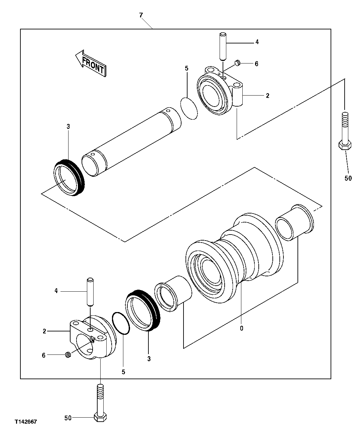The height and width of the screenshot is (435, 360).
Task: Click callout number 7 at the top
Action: [x=141, y=15]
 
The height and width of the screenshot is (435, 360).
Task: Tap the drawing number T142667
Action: [x=25, y=422]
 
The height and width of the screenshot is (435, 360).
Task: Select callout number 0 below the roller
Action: [x=241, y=328]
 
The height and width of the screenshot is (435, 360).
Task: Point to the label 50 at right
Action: [x=348, y=178]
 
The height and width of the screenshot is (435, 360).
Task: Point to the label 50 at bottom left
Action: [x=68, y=418]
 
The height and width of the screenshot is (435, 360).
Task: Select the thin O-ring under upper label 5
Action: [x=189, y=108]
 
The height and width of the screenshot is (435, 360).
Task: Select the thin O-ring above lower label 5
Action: [x=121, y=323]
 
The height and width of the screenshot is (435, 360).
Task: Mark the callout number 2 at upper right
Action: [x=267, y=96]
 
